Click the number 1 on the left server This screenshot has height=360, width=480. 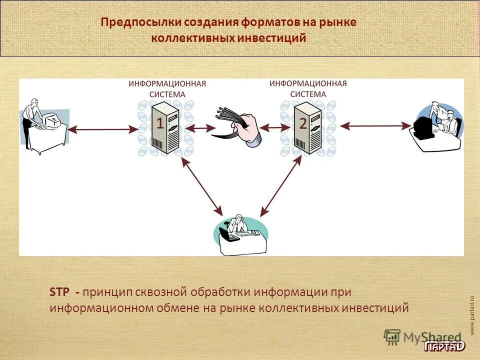tap(160, 123)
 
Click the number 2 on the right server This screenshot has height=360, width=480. tap(303, 123)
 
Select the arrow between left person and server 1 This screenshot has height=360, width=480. tap(102, 129)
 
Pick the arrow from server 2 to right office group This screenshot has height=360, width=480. tap(375, 127)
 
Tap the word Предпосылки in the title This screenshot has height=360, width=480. tap(141, 22)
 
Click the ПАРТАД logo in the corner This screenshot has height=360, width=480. tap(444, 346)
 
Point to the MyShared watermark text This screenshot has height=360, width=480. tap(432, 337)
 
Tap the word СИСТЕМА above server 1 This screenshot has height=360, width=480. tap(167, 94)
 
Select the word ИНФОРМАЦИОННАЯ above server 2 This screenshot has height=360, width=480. tap(308, 83)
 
